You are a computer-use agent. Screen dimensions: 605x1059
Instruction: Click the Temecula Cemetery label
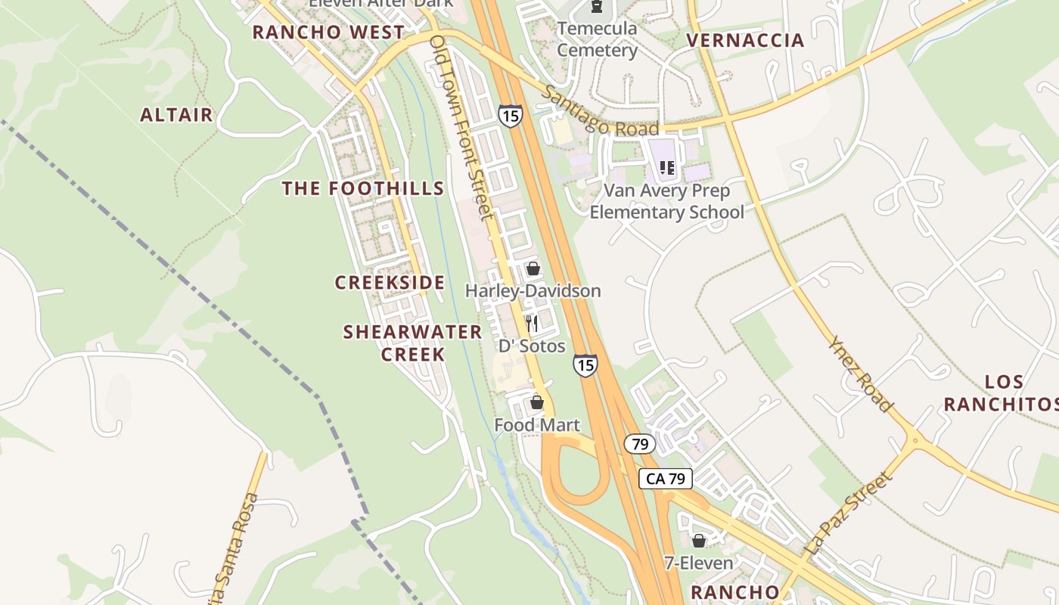[598, 39]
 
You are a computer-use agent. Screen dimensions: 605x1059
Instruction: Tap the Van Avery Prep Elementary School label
[666, 201]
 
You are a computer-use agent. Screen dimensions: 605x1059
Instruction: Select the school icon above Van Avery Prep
[666, 168]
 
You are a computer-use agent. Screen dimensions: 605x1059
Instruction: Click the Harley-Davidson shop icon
[533, 268]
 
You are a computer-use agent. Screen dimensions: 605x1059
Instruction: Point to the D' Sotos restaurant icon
[532, 324]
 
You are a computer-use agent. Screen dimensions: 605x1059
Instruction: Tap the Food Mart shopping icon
[537, 402]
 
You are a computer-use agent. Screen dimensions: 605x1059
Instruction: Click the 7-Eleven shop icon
[699, 541]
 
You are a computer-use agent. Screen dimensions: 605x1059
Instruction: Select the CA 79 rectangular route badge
[666, 478]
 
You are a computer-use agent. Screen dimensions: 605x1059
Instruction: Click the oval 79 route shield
[640, 444]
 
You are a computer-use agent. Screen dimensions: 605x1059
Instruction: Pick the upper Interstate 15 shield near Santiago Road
[510, 116]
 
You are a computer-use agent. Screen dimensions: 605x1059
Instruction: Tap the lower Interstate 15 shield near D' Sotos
[585, 365]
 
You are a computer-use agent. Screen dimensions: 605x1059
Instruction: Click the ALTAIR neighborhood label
[177, 115]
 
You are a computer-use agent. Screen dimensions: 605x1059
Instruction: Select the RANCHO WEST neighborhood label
[328, 33]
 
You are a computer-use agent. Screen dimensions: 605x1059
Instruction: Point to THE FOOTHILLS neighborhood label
[363, 188]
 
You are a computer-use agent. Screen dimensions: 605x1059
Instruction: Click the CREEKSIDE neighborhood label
[390, 283]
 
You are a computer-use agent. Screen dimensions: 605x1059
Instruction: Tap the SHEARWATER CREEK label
[412, 343]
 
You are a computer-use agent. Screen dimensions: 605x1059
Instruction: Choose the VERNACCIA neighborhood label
[745, 41]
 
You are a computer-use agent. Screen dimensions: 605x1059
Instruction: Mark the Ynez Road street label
[861, 374]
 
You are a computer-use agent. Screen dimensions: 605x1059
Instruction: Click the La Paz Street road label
[850, 514]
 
